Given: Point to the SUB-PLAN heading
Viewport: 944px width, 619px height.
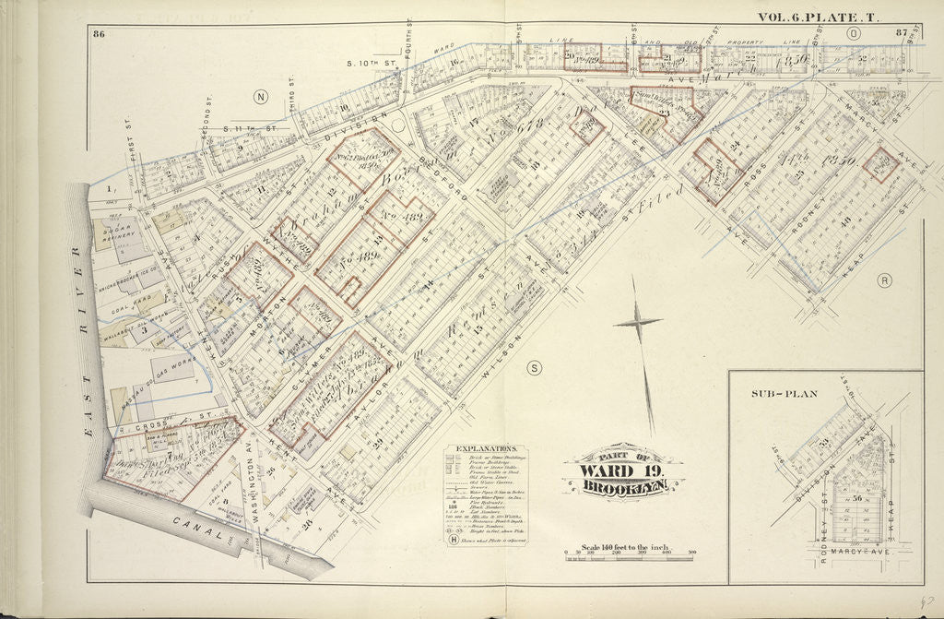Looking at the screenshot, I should click(x=782, y=394).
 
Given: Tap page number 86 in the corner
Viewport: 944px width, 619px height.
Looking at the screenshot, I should click(x=99, y=35).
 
